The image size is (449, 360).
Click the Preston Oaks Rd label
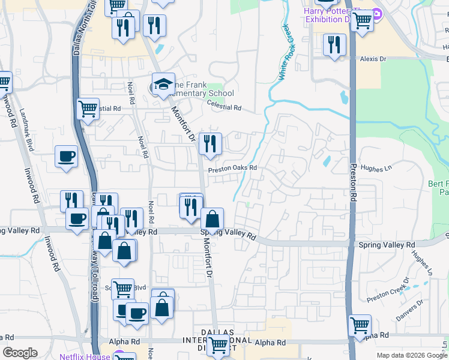point(232,169)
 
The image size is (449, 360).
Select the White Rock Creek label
point(288,53)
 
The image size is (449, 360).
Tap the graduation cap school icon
point(163,85)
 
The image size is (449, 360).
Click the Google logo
point(20,353)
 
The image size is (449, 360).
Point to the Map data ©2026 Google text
point(411,355)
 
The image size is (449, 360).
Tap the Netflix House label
point(84,356)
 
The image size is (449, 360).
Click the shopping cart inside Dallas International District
point(217,344)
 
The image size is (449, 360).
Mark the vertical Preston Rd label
point(353,182)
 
